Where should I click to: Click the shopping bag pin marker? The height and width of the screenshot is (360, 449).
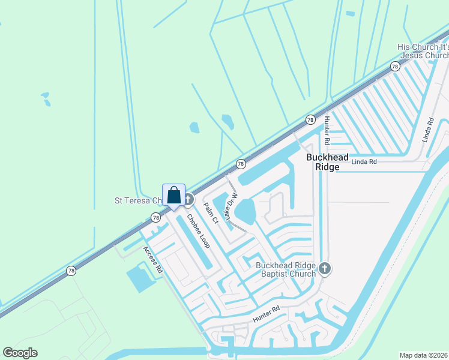(173, 196)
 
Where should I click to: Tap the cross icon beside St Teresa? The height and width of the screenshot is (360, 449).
(188, 200)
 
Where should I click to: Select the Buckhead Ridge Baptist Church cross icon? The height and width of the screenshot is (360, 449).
(325, 268)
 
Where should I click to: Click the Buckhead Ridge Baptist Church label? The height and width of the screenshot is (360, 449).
(286, 269)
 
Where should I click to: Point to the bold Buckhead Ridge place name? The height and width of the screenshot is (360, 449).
(328, 162)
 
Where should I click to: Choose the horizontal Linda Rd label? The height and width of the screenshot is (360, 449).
(364, 162)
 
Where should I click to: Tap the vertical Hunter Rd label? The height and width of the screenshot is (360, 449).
(327, 131)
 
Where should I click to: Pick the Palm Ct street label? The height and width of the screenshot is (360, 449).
(211, 214)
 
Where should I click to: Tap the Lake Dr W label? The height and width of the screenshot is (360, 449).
(231, 206)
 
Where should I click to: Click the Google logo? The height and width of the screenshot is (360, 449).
(20, 353)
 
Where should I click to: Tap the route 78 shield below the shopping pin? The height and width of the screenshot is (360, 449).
(155, 217)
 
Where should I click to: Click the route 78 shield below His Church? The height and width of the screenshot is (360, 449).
(394, 67)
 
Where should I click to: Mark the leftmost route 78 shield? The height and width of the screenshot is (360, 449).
(71, 271)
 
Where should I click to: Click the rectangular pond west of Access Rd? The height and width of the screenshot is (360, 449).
(140, 279)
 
